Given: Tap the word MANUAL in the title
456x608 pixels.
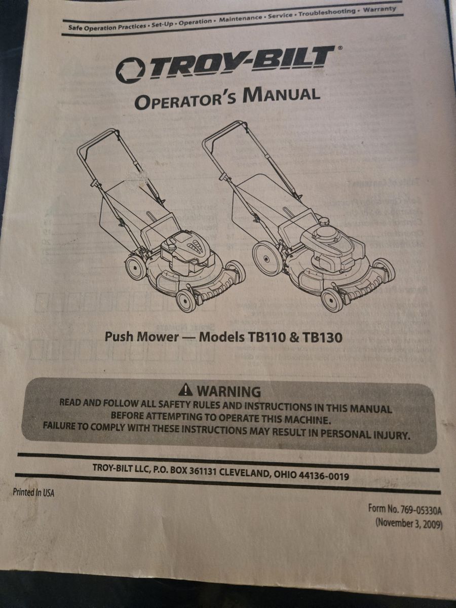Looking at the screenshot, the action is (x=281, y=95).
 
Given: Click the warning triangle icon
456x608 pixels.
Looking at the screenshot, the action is (x=185, y=390).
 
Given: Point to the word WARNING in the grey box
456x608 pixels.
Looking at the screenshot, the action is (x=229, y=392).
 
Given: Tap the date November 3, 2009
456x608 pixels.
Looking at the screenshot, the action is (x=409, y=523).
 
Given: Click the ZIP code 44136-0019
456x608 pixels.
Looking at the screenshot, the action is (x=323, y=475).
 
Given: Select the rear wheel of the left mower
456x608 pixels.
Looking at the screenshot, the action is (x=135, y=268).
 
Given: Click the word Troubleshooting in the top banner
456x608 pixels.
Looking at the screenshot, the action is (x=327, y=13).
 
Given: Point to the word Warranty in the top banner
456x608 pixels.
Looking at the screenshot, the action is (x=379, y=10).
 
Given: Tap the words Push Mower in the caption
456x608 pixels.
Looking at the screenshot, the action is (x=142, y=336).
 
